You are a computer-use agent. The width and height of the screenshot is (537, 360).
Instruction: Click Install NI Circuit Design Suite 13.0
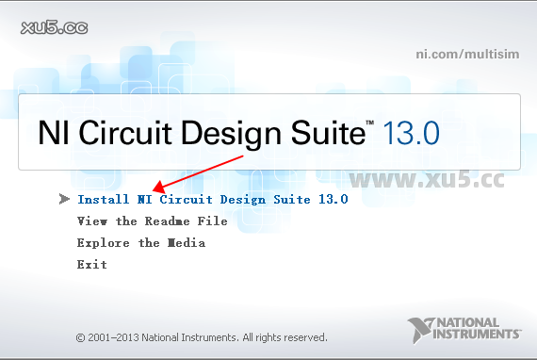click(212, 200)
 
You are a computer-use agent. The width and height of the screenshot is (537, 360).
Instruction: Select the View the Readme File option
click(152, 221)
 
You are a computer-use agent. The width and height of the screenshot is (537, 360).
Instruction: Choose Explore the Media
click(140, 243)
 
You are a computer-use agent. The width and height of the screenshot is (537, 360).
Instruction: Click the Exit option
click(91, 265)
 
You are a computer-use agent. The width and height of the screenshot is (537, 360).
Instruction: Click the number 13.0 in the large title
click(409, 132)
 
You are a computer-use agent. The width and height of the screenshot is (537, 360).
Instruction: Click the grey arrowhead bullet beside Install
click(63, 200)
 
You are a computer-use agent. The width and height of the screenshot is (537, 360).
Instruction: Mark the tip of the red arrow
click(155, 190)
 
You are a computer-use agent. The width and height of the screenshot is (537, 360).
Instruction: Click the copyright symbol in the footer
click(80, 336)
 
